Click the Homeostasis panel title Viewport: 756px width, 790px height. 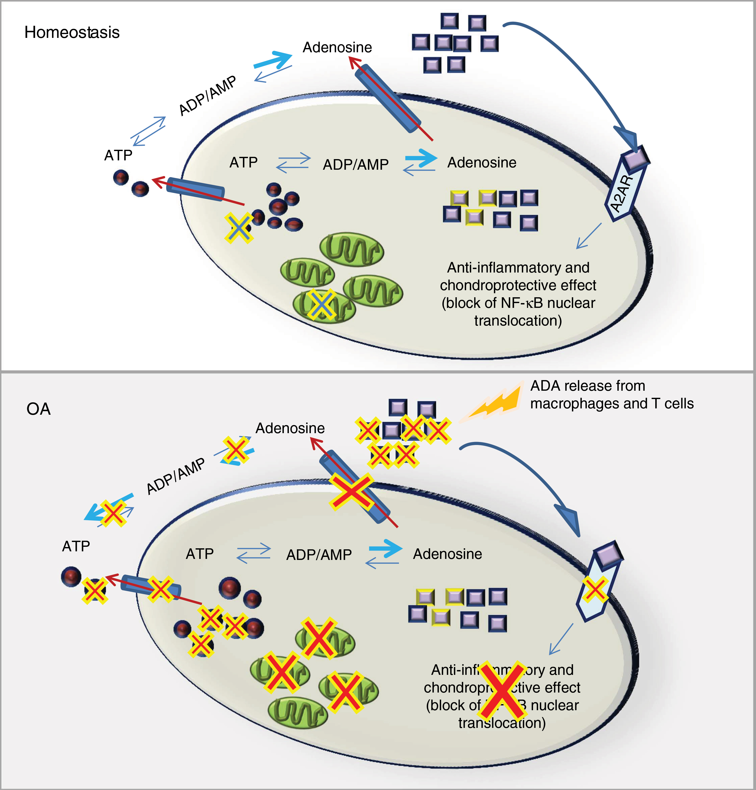tap(72, 32)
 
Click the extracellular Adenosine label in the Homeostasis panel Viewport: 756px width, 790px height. tap(337, 47)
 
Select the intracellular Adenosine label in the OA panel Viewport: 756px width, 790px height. tap(447, 554)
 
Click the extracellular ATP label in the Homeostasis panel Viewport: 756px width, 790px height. tap(118, 155)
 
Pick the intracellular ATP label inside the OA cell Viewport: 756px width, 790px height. tap(199, 554)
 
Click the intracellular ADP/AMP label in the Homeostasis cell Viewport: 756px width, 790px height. tap(356, 164)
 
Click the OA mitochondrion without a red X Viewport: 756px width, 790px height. tap(297, 713)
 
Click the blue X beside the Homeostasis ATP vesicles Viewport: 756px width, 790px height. tap(239, 228)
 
